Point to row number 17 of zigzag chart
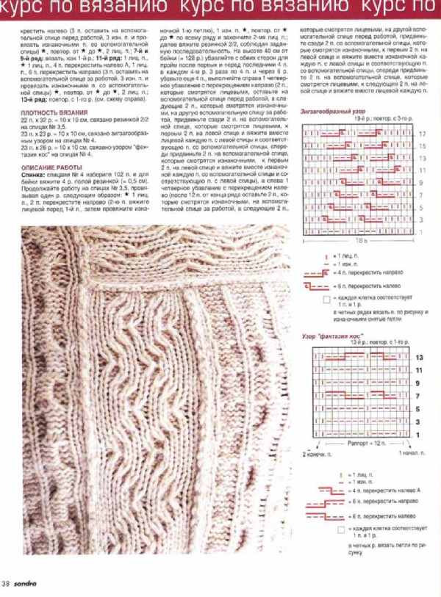point(422,135)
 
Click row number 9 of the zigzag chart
point(422,182)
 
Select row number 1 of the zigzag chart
point(422,232)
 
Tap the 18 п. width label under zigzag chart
point(360,240)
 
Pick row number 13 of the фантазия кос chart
point(419,357)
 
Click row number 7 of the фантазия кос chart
point(419,396)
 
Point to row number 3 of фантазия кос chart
point(419,421)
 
